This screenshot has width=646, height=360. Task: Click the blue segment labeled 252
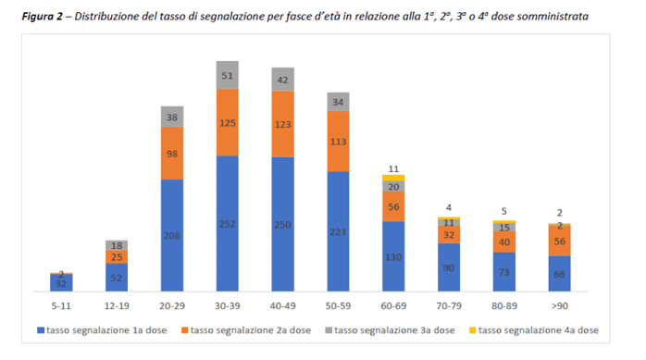pos(228,224)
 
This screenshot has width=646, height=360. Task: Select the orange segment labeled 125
pos(228,122)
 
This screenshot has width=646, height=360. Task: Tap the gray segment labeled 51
pos(228,75)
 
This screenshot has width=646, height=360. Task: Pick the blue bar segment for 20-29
pos(172,236)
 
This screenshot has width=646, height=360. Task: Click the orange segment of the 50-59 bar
pos(338,142)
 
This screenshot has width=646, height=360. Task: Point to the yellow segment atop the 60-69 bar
pos(393,178)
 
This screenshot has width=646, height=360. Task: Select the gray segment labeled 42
pos(282,80)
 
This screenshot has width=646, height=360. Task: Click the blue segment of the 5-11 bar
pos(61,283)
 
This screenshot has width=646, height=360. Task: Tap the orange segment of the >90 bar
pos(560,241)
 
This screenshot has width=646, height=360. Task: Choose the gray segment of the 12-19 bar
pos(117,245)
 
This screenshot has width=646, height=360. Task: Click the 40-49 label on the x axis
pos(282,306)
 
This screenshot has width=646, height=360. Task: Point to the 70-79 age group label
pos(449,306)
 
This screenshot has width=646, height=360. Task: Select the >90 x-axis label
pos(560,306)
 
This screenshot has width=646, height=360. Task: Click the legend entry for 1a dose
pos(102,330)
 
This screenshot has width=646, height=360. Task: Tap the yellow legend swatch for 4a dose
pos(473,330)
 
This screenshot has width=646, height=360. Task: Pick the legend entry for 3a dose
pos(391,330)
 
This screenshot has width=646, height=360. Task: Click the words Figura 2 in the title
pos(42,17)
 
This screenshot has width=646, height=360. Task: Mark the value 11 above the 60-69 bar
pos(393,168)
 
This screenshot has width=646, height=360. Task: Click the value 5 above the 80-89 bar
pos(503,211)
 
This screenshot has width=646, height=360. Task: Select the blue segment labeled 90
pos(449,267)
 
